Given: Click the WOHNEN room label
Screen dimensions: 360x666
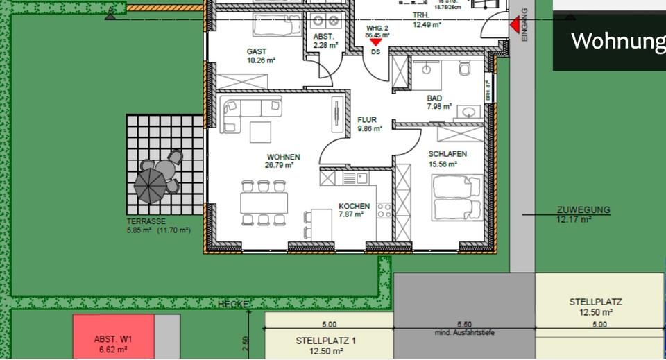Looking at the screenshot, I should pyautogui.click(x=283, y=157).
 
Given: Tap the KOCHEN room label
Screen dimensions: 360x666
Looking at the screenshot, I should pyautogui.click(x=354, y=207).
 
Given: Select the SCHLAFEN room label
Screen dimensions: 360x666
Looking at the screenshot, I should pyautogui.click(x=447, y=154).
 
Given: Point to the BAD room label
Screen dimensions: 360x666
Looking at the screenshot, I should pyautogui.click(x=434, y=98).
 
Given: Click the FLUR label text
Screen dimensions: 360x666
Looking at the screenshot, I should pyautogui.click(x=367, y=120).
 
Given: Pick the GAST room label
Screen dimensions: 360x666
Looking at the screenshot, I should pyautogui.click(x=257, y=51).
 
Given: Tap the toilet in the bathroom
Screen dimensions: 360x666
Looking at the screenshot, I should pyautogui.click(x=465, y=69).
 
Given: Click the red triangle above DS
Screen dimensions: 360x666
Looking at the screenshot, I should pyautogui.click(x=375, y=42).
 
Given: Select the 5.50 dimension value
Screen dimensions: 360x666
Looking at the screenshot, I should pyautogui.click(x=464, y=325).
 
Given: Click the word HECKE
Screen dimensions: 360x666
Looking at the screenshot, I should pyautogui.click(x=233, y=305).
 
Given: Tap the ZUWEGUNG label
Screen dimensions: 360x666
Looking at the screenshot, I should pyautogui.click(x=583, y=209).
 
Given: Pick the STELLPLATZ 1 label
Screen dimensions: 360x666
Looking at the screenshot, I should pyautogui.click(x=326, y=341).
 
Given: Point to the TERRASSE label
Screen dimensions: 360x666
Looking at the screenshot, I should pyautogui.click(x=146, y=221).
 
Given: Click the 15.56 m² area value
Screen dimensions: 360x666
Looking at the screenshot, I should pyautogui.click(x=443, y=164).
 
